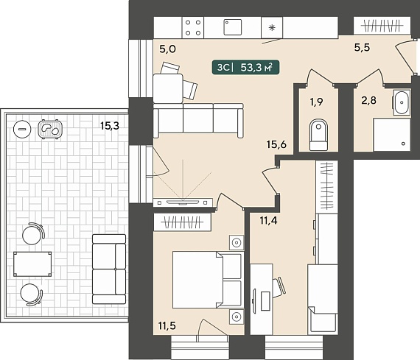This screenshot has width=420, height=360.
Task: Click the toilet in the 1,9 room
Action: tap(318, 135)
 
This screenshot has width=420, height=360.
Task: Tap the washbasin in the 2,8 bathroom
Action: tap(402, 102)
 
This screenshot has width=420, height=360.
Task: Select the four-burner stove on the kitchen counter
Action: tap(193, 27)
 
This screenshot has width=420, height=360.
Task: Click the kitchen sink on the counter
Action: tap(233, 27)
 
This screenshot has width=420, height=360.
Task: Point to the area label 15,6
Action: tap(276, 144)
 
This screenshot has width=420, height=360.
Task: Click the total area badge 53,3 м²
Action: tap(245, 67)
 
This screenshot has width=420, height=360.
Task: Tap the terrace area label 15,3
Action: tap(110, 125)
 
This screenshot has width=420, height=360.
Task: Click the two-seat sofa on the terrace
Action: tap(109, 269)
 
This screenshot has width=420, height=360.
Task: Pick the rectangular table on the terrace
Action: tap(32, 264)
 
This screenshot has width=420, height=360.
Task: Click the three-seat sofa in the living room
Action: tap(198, 121)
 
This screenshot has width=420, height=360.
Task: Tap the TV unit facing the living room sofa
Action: tap(183, 202)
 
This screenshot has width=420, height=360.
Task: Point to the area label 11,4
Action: tap(269, 221)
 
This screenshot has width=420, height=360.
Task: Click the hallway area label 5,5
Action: tap(362, 47)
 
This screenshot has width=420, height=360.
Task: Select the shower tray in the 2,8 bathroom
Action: tap(392, 135)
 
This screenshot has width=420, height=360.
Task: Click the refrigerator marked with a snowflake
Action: tap(272, 27)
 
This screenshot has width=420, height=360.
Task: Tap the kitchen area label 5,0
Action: tap(168, 49)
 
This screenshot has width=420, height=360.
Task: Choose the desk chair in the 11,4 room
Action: tap(279, 288)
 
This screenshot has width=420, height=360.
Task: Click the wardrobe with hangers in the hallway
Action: tap(382, 26)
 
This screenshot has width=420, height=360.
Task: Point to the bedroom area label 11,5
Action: tap(167, 325)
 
